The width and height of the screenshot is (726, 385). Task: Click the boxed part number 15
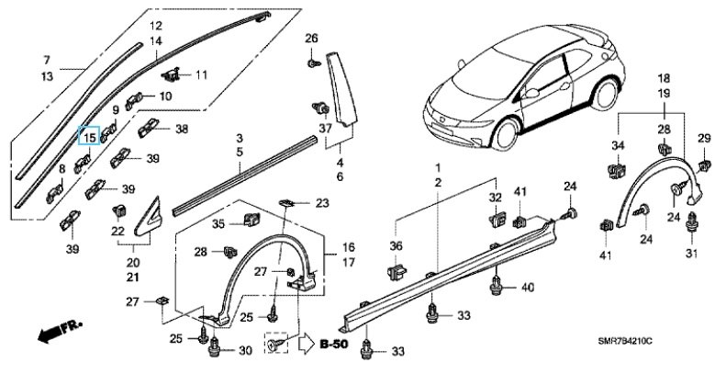pyautogui.click(x=90, y=137)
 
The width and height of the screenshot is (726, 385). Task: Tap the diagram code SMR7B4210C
pyautogui.click(x=676, y=367)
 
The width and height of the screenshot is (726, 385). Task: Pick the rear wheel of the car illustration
pyautogui.click(x=607, y=97)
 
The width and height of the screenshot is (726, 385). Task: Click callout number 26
pyautogui.click(x=311, y=38)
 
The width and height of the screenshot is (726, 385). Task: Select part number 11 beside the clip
pyautogui.click(x=201, y=74)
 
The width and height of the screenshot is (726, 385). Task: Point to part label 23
pyautogui.click(x=321, y=202)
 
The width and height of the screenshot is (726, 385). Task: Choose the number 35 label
pyautogui.click(x=218, y=223)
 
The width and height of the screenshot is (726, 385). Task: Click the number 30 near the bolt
pyautogui.click(x=244, y=350)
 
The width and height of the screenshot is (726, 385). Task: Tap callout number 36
pyautogui.click(x=396, y=245)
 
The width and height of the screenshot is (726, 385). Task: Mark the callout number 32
pyautogui.click(x=495, y=197)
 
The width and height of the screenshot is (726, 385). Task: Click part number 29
pyautogui.click(x=704, y=138)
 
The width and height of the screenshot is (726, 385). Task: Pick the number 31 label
pyautogui.click(x=692, y=254)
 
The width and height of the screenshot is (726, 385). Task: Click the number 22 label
pyautogui.click(x=117, y=231)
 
